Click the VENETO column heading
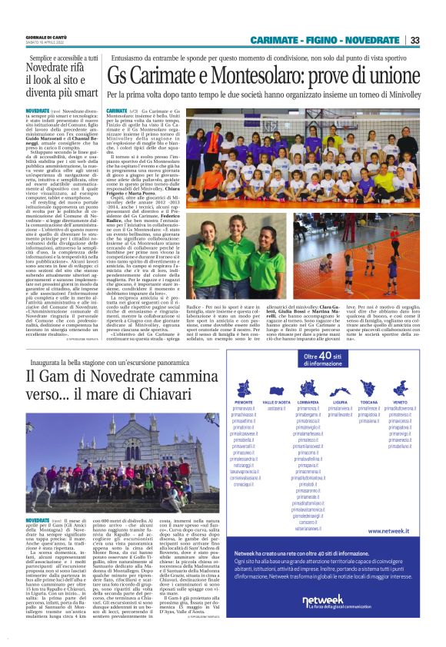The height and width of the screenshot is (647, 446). pos(399,402)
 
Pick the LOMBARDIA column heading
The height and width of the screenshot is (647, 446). pos(308,402)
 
